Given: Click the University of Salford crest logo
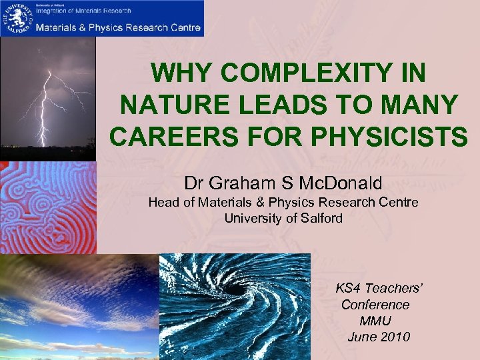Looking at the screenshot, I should coord(16,17).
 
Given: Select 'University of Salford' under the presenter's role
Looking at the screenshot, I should coord(283,218).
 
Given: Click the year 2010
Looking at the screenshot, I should coord(395,337).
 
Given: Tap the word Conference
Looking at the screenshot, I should coord(375,305).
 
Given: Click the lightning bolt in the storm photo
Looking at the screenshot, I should coord(43,100).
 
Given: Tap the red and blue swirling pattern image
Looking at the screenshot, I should coord(48,207).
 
